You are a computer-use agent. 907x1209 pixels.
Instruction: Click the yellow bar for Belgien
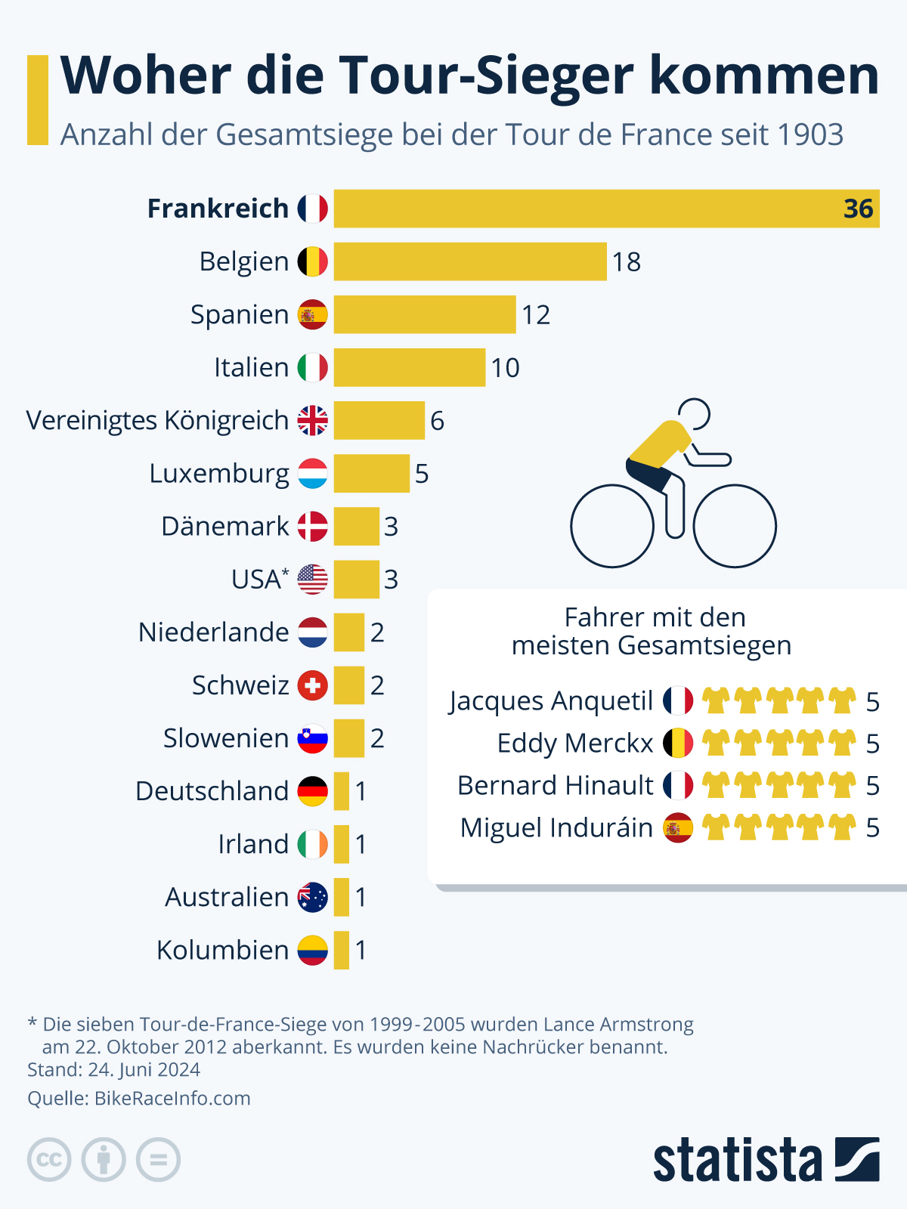coord(470,261)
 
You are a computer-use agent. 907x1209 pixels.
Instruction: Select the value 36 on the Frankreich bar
coord(858,209)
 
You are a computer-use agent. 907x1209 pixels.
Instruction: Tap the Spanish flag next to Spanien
coord(312,315)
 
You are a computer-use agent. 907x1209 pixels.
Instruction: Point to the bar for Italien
coord(409,368)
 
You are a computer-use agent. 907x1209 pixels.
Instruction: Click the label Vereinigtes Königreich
coord(157,420)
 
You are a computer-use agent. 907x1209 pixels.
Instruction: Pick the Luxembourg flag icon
coord(312,474)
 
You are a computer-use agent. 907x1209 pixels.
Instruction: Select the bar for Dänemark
coord(356,527)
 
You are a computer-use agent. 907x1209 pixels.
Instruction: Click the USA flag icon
coord(312,580)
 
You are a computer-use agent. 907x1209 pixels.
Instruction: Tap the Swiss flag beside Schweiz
coord(312,685)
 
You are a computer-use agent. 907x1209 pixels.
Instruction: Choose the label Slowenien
coord(226,738)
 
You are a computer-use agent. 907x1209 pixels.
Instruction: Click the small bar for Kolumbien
coord(342,950)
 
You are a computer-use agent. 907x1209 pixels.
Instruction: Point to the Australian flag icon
coord(312,897)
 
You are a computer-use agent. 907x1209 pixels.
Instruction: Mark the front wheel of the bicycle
coord(735,526)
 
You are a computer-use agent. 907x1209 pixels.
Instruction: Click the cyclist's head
coord(694,414)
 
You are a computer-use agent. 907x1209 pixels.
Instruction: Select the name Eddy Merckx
coord(574,744)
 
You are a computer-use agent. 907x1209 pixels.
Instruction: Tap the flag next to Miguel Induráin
coord(678,828)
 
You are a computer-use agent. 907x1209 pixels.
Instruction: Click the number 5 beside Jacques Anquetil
coord(872,702)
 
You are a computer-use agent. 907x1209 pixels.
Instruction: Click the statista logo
coord(766,1160)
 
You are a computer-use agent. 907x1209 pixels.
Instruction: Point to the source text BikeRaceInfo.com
coord(172,1098)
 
